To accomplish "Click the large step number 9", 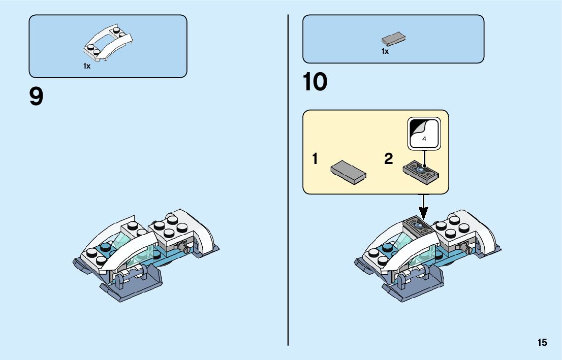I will tap(37, 97).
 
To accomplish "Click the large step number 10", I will tap(315, 82).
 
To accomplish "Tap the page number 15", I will tap(542, 342).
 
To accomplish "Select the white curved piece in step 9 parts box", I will tap(109, 44).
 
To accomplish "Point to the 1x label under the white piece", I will tap(87, 67).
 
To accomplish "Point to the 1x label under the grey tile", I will tap(385, 51).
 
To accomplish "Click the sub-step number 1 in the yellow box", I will tap(315, 159).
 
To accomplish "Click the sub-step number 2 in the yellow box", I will tap(389, 159).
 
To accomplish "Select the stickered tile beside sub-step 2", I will tap(421, 171).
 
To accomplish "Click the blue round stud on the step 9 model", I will tap(106, 248).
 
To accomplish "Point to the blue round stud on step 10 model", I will tap(388, 248).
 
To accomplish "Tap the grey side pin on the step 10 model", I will tap(466, 248).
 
